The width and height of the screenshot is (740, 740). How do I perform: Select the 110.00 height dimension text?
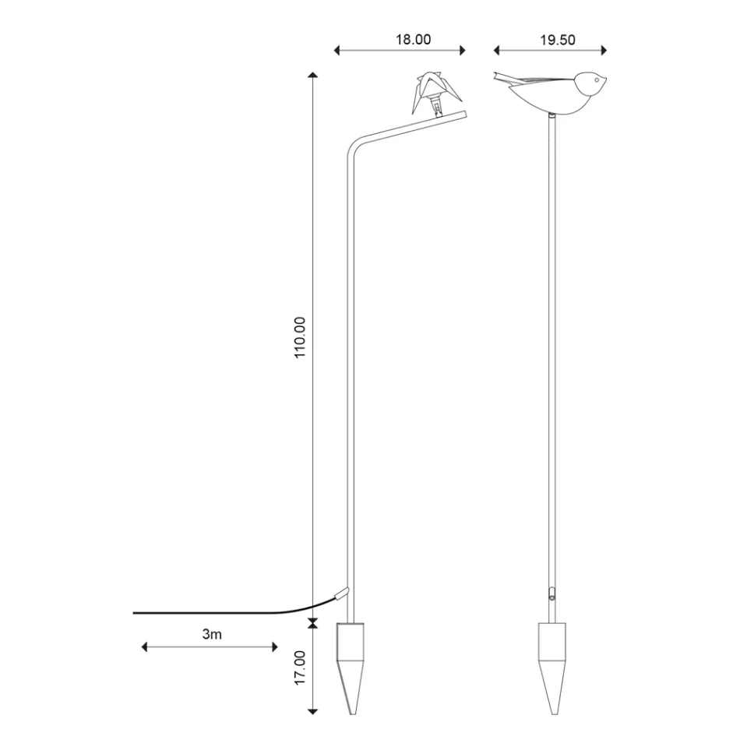(x=301, y=337)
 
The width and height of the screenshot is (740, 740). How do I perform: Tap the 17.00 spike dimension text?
(x=301, y=668)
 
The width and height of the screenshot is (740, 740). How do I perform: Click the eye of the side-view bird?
(x=597, y=80)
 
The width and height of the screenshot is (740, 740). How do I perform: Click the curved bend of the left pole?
(x=354, y=148)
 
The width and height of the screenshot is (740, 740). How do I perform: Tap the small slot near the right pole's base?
(x=551, y=593)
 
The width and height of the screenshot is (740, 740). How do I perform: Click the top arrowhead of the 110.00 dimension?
(x=312, y=76)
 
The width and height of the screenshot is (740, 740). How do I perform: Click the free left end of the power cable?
(x=136, y=613)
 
